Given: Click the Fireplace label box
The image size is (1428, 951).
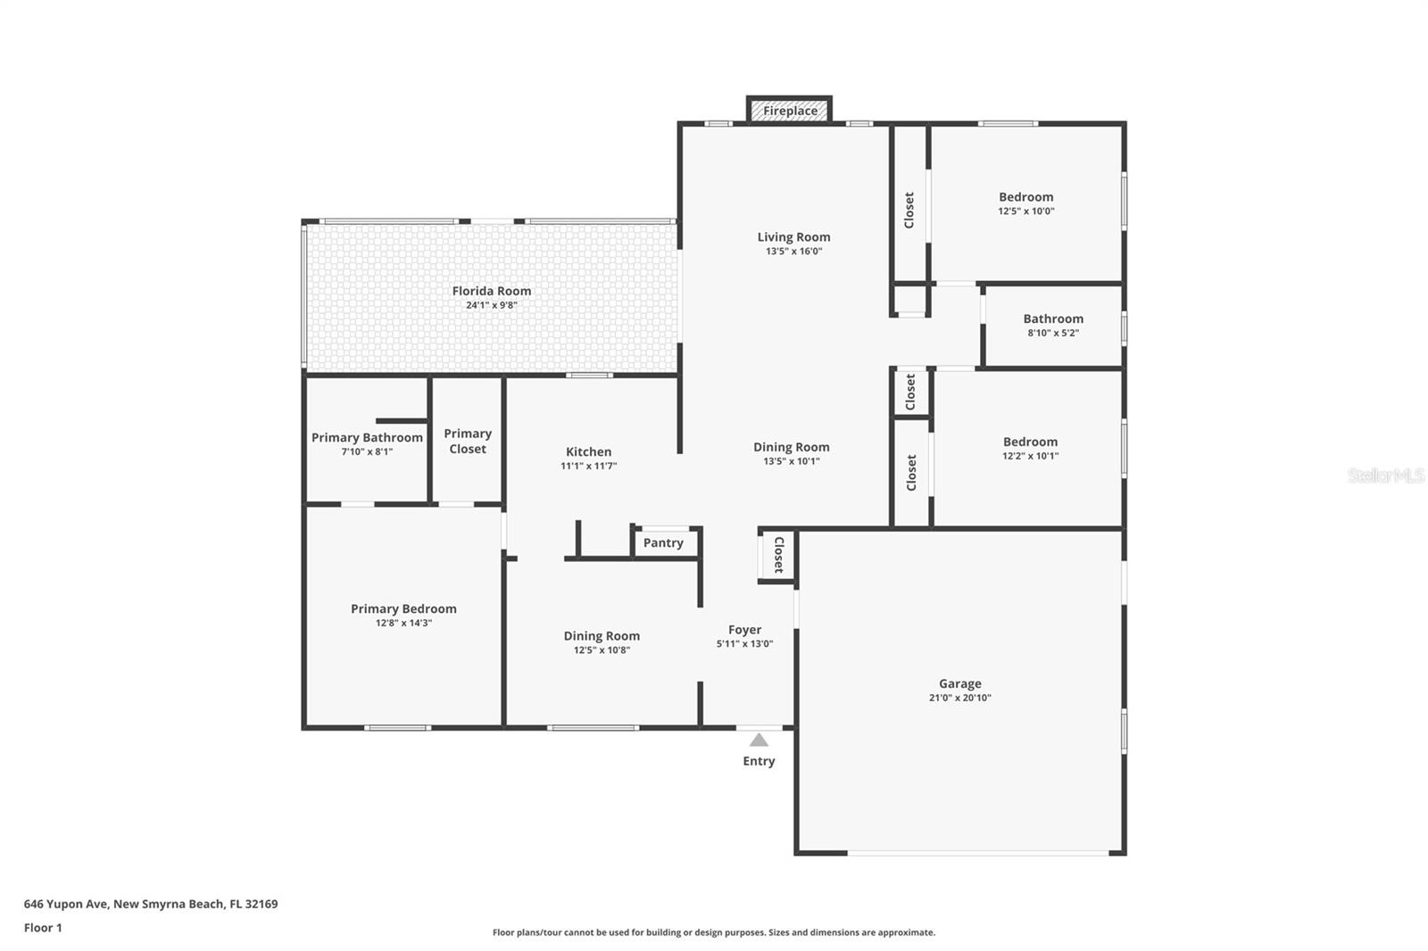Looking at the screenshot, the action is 790,111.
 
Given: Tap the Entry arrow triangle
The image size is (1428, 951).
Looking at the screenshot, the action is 759,740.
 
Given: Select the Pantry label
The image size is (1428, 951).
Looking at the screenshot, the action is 663,542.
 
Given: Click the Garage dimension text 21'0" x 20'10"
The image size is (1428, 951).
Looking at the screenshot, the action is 959,698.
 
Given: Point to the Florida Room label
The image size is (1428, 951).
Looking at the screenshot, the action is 491,291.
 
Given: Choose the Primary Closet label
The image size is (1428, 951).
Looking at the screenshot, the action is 468,441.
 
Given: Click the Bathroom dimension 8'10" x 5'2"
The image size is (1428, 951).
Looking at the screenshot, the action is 1053,333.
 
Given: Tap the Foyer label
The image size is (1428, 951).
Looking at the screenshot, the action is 744,629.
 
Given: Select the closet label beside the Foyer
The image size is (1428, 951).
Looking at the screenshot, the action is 778,554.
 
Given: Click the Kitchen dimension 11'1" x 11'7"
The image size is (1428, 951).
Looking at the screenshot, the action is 588,466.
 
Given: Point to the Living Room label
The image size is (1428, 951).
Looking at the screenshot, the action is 793,236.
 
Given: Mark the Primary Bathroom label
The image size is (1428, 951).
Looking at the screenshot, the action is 367,437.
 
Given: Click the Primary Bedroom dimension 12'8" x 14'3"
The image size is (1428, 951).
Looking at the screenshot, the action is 403,623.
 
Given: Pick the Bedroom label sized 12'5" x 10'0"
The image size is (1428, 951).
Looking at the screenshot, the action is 1025,197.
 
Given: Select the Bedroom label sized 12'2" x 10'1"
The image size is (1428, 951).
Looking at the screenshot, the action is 1030,442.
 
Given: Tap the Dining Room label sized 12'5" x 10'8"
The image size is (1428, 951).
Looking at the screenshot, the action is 602,636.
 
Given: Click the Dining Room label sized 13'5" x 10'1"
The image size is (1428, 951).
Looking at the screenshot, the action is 791,447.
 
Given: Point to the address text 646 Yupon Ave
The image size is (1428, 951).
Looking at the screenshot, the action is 150,904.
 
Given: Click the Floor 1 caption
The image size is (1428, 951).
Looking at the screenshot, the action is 43,928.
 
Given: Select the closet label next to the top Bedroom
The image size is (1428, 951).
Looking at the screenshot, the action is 909,211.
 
